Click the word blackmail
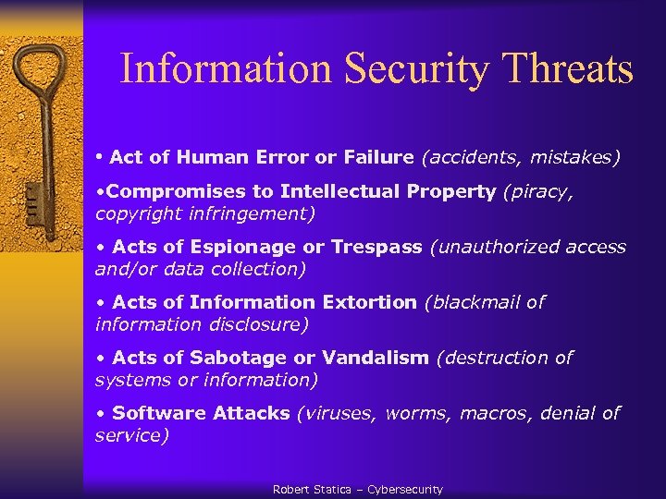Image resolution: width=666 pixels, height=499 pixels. tap(474, 302)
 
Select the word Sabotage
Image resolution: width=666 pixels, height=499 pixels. tap(236, 358)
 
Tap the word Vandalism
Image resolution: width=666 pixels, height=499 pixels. tap(376, 358)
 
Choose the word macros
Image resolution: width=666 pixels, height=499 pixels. tap(488, 413)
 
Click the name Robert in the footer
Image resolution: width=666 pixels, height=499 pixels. tap(291, 490)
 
